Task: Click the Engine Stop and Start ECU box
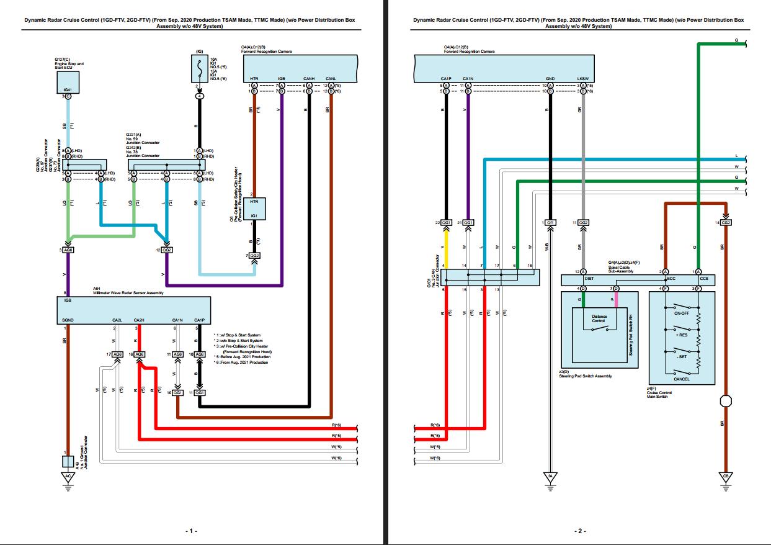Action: pyautogui.click(x=68, y=82)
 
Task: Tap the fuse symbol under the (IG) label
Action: pyautogui.click(x=199, y=68)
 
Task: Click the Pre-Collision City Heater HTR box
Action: pyautogui.click(x=254, y=208)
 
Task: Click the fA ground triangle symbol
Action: pyautogui.click(x=550, y=477)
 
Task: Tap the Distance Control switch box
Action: pyautogui.click(x=599, y=319)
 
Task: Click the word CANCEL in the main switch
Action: pyautogui.click(x=681, y=379)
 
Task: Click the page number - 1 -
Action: pyautogui.click(x=191, y=531)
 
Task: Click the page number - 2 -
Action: pyautogui.click(x=580, y=531)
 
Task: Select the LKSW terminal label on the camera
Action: pyautogui.click(x=583, y=79)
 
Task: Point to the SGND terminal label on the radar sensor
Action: pyautogui.click(x=68, y=320)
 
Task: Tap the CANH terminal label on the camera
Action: pyautogui.click(x=308, y=79)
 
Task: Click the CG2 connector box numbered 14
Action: pyautogui.click(x=726, y=222)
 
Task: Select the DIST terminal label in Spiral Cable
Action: pyautogui.click(x=589, y=279)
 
